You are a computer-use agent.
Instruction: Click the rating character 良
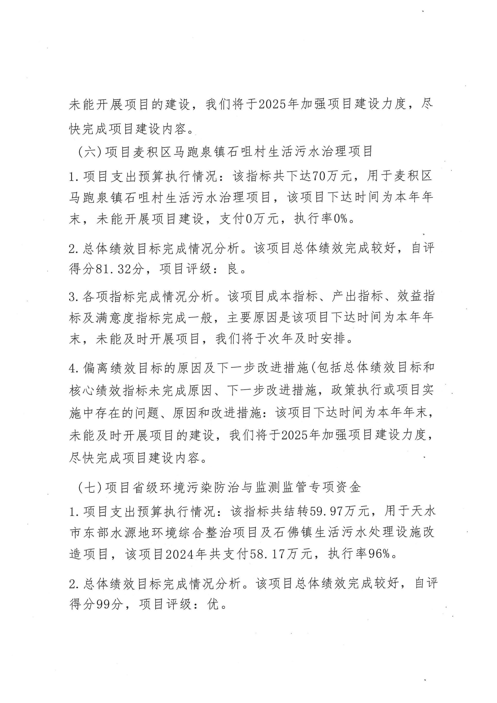tap(232, 269)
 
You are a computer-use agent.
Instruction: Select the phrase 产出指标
tap(357, 296)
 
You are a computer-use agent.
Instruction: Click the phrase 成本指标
tap(292, 296)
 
